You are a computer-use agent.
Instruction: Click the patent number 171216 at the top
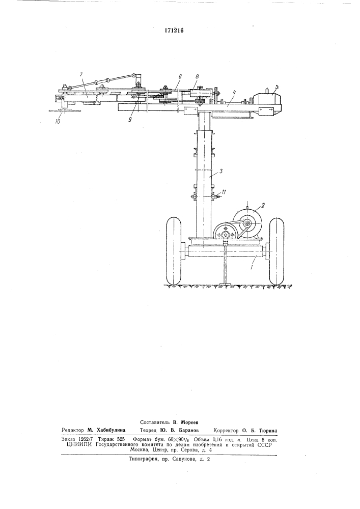(x=175, y=31)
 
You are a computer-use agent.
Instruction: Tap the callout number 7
(x=81, y=75)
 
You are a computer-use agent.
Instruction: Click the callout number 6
(x=180, y=77)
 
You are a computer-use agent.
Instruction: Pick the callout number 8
(x=198, y=77)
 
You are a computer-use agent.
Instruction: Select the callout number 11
(x=224, y=192)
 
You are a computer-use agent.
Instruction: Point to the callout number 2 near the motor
(x=263, y=205)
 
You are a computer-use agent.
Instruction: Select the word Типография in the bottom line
(x=142, y=460)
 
